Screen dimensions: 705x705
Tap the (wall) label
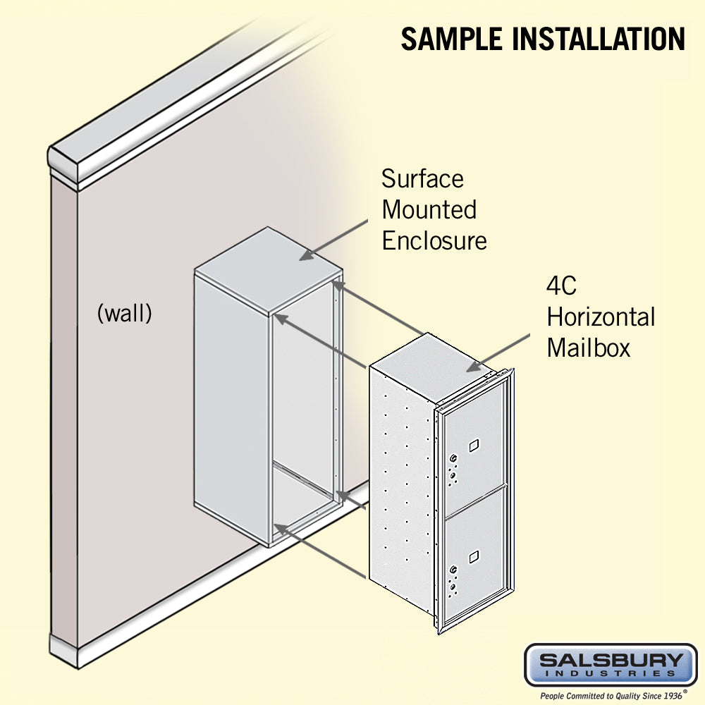(124, 313)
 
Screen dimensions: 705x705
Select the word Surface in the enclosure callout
(422, 178)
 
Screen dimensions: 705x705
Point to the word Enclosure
(434, 240)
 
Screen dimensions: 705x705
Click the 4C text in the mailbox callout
(562, 286)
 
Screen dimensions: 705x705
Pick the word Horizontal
(601, 317)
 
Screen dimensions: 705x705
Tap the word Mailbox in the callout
(588, 348)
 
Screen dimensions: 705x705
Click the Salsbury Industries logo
(611, 664)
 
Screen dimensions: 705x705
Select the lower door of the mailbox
(474, 557)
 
